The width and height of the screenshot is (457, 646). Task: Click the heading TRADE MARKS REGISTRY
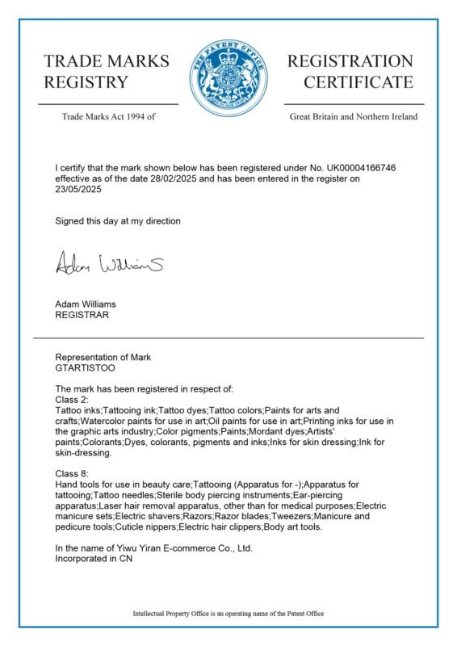tap(107, 71)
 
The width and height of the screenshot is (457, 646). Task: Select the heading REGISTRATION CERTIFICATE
tap(350, 71)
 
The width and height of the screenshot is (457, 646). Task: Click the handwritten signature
tap(109, 262)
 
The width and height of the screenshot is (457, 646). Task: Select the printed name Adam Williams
tap(86, 304)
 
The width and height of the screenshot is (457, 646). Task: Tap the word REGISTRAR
tap(81, 315)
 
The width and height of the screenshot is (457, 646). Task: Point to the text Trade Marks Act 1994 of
tap(107, 116)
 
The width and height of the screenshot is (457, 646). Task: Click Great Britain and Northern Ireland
tap(354, 116)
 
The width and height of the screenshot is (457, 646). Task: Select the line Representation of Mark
tap(103, 357)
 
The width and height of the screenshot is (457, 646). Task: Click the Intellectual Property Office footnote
tap(228, 614)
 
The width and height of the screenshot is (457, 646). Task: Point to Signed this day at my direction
tap(118, 220)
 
